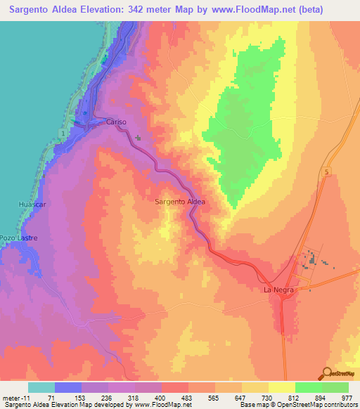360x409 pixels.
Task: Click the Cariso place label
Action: click(x=116, y=122)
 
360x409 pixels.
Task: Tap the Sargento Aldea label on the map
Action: click(x=180, y=202)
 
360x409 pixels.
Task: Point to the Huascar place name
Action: click(x=32, y=204)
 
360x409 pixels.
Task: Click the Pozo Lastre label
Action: click(x=18, y=238)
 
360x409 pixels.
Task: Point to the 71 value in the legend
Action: click(x=51, y=398)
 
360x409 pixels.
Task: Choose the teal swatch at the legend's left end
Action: click(x=41, y=387)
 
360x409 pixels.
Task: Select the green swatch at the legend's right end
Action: click(x=335, y=387)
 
